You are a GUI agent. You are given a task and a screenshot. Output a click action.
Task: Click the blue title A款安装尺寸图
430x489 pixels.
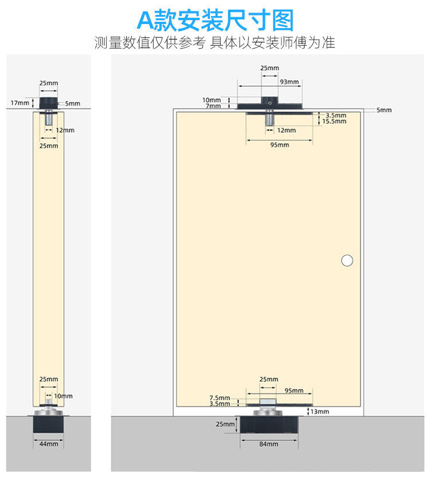click(x=215, y=21)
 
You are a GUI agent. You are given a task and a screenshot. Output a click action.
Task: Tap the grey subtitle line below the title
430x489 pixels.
click(x=215, y=43)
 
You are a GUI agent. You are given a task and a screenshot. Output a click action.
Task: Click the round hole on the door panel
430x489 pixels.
click(x=347, y=260)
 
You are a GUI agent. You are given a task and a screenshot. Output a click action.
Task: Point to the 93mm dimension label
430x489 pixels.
click(x=289, y=82)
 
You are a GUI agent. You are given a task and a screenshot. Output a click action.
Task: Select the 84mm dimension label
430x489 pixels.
click(x=268, y=444)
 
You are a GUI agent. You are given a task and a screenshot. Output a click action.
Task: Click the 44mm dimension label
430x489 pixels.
click(x=49, y=444)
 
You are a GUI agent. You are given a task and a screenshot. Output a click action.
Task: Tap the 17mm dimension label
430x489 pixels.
click(x=19, y=103)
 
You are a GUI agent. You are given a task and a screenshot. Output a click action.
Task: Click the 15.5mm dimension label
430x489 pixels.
click(x=334, y=121)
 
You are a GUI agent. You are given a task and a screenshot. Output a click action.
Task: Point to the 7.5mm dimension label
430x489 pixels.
click(x=220, y=397)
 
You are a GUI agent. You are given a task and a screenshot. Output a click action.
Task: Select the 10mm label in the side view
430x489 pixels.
click(x=64, y=396)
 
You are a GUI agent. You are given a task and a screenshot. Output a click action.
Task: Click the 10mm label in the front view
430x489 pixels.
click(x=211, y=100)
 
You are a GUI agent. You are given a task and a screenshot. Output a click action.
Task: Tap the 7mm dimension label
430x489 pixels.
click(x=213, y=106)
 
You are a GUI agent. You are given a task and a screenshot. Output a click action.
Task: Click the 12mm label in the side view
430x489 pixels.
click(x=65, y=130)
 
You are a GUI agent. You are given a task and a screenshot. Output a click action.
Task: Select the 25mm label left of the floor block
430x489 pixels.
click(x=225, y=424)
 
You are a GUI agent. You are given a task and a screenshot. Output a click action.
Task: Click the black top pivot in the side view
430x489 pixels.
click(x=49, y=102)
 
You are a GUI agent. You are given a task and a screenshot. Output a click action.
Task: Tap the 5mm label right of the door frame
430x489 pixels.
click(x=384, y=110)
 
